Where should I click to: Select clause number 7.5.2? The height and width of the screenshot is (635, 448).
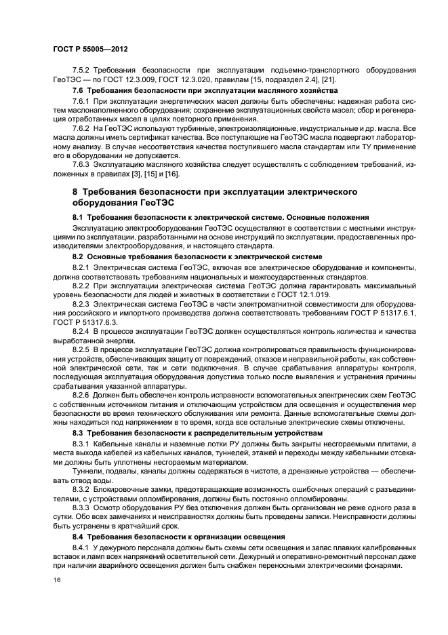tap(81, 71)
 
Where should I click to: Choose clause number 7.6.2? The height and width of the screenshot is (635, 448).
tap(81, 128)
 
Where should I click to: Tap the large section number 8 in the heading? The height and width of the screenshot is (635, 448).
tap(76, 193)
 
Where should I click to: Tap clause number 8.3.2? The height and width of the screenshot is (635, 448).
tap(81, 490)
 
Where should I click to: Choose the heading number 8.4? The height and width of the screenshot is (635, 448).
tap(77, 537)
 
